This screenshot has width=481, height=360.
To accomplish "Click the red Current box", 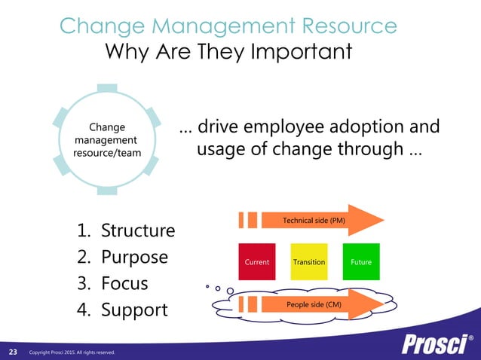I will [257, 261].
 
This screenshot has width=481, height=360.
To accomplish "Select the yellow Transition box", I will [309, 261].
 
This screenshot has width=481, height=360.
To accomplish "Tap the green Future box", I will [361, 261].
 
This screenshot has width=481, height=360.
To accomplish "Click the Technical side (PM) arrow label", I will [314, 220].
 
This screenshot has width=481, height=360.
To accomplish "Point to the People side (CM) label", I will [314, 304].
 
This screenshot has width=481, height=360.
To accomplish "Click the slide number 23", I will [13, 352].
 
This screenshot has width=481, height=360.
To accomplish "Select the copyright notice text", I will [72, 352].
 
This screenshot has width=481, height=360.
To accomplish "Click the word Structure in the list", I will [138, 230].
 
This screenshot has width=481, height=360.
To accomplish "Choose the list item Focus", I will [124, 284].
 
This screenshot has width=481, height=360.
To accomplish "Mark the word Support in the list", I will [134, 310].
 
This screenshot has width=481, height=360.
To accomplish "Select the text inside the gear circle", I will [106, 140].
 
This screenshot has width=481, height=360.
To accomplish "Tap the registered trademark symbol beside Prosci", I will [471, 338].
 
